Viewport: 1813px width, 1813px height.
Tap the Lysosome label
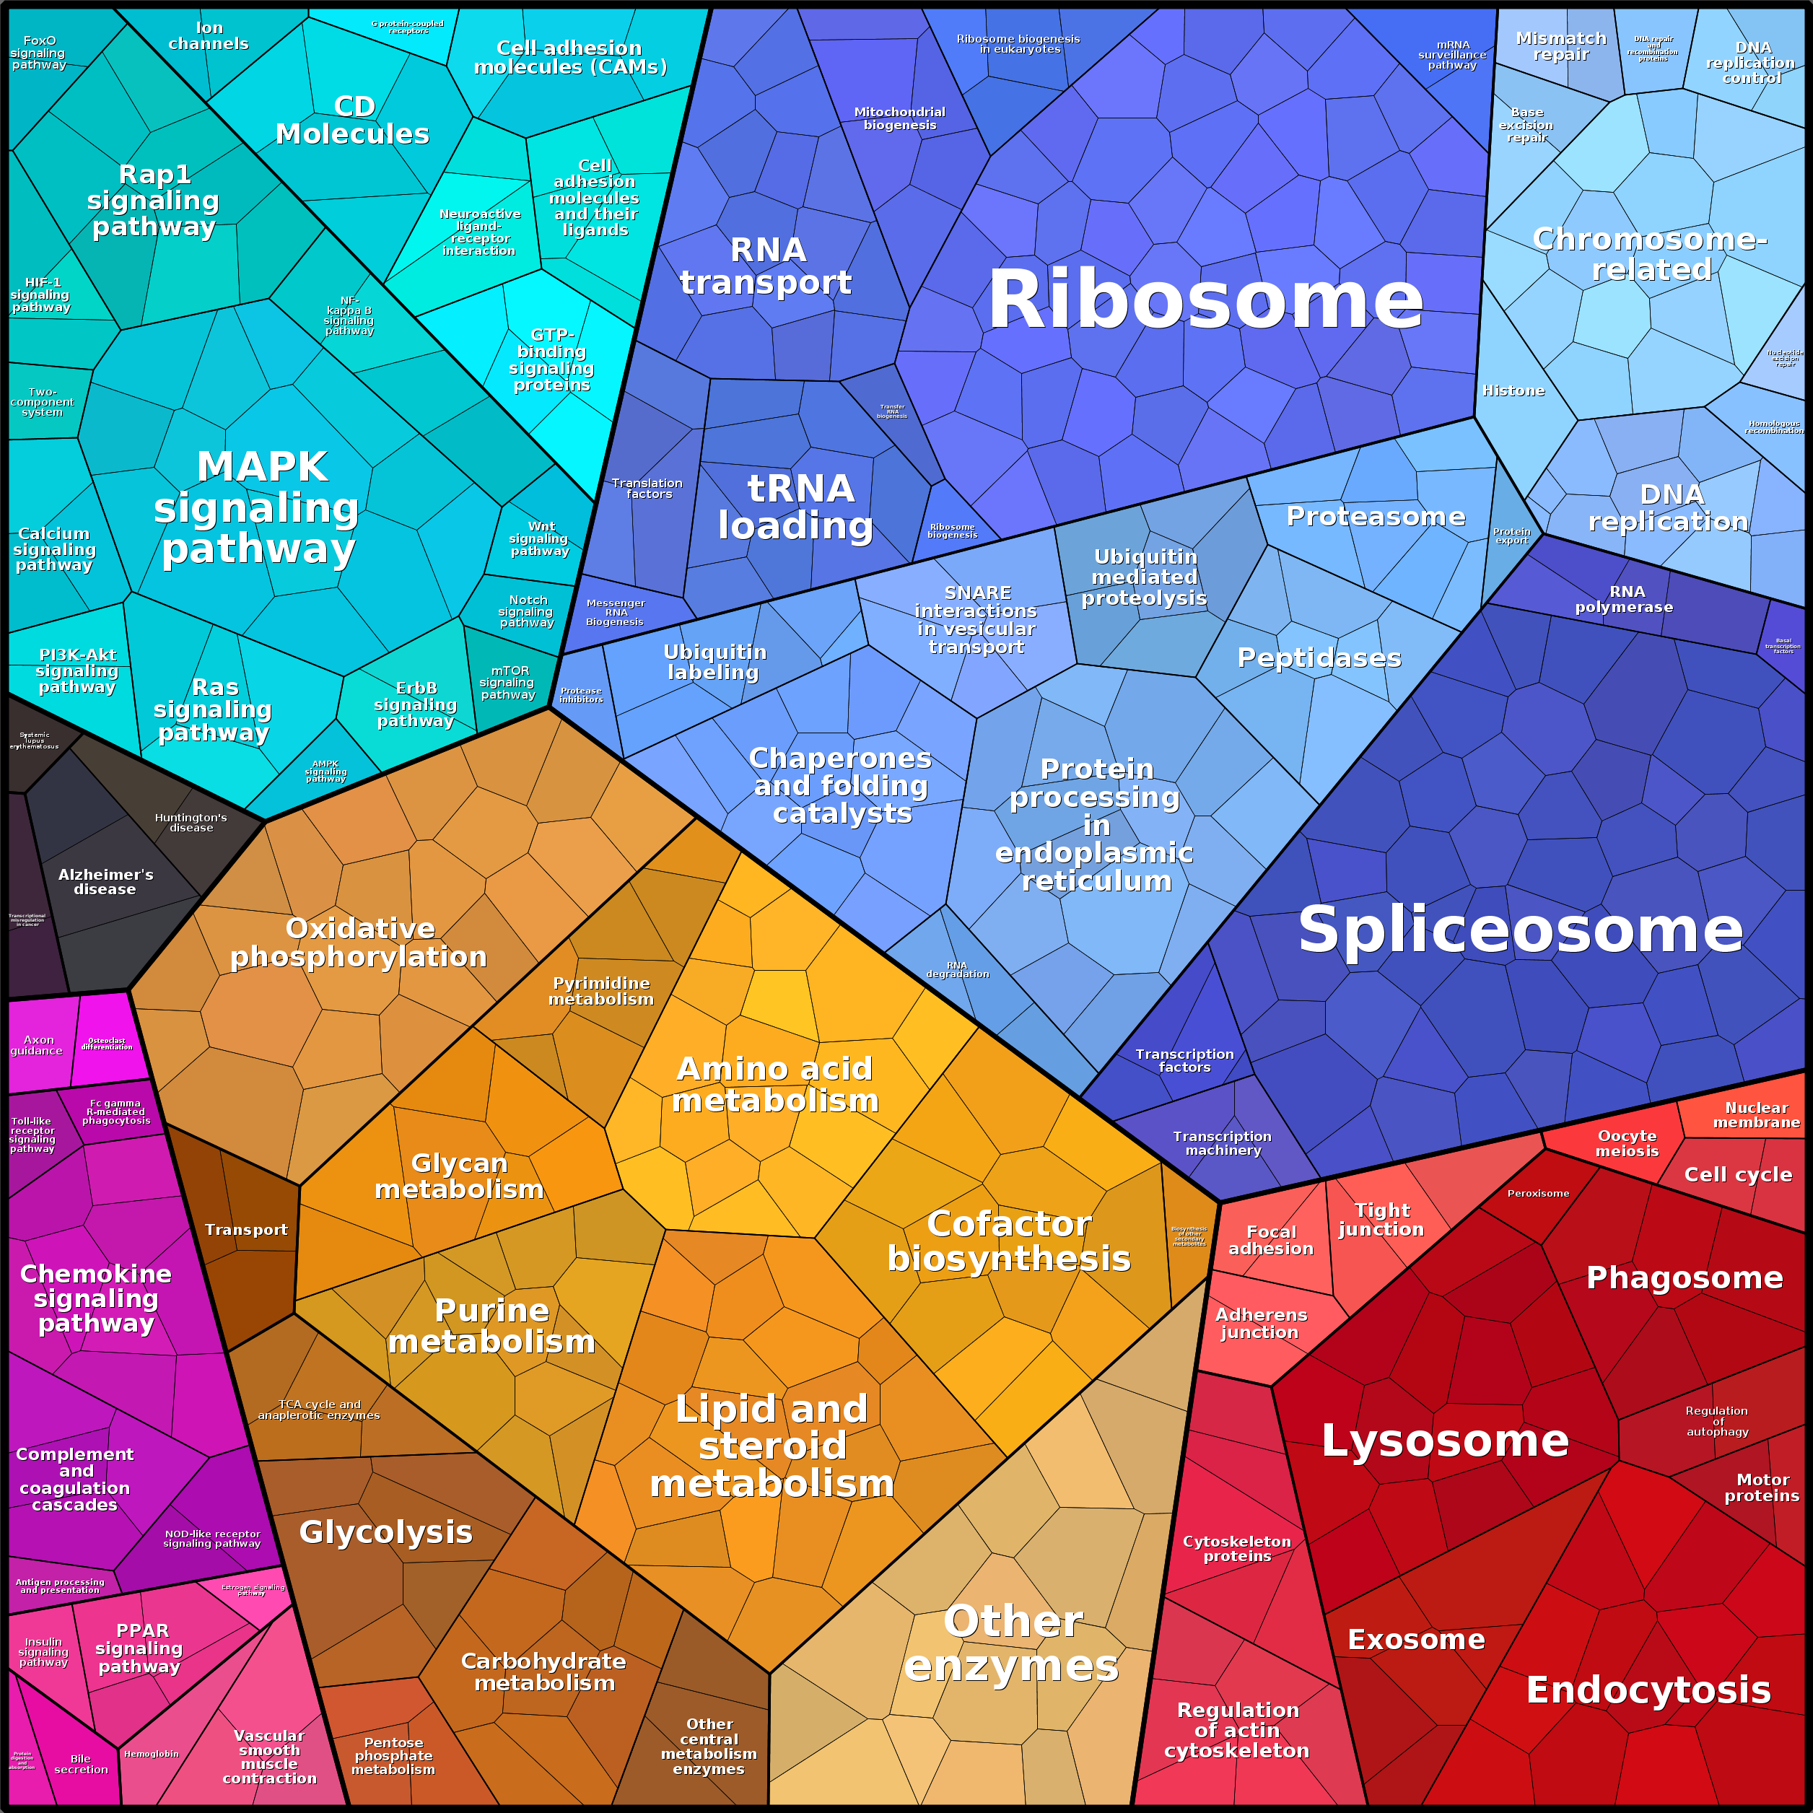tap(1444, 1441)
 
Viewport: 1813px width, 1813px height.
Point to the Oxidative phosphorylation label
tap(359, 942)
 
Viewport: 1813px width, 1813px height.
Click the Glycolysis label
tap(385, 1532)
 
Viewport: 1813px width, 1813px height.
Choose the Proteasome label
tap(1375, 516)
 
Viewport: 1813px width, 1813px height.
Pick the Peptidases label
tap(1319, 658)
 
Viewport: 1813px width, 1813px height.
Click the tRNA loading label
tap(798, 507)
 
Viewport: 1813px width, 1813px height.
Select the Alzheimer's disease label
tap(105, 881)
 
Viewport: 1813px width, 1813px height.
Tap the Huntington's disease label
tap(191, 822)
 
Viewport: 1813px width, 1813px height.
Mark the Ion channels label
tap(209, 35)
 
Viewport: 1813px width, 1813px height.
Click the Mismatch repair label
tap(1560, 46)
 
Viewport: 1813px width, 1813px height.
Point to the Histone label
tap(1513, 390)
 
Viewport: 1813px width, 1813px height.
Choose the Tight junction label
tap(1381, 1219)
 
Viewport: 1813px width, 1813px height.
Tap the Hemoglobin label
tap(151, 1754)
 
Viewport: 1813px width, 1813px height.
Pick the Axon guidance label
tap(38, 1045)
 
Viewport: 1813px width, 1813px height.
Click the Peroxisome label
tap(1537, 1194)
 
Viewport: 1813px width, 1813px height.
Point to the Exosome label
tap(1416, 1639)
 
